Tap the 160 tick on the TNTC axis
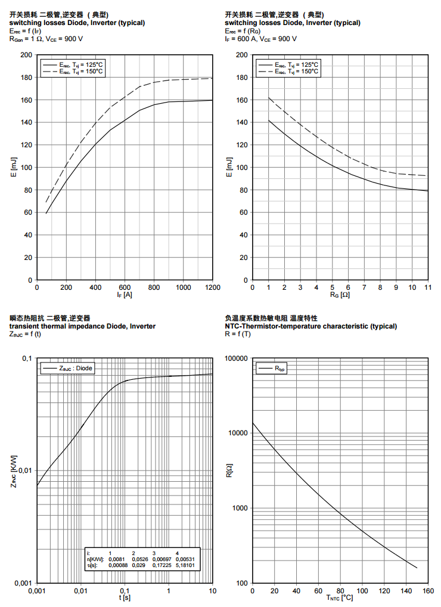tap(427, 590)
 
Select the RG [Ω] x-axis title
tap(340, 295)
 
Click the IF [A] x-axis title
tap(125, 295)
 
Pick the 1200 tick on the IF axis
tap(212, 287)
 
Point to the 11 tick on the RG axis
tap(427, 287)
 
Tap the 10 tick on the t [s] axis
tap(212, 590)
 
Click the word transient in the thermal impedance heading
tap(24, 326)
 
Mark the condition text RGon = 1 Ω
tap(25, 39)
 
